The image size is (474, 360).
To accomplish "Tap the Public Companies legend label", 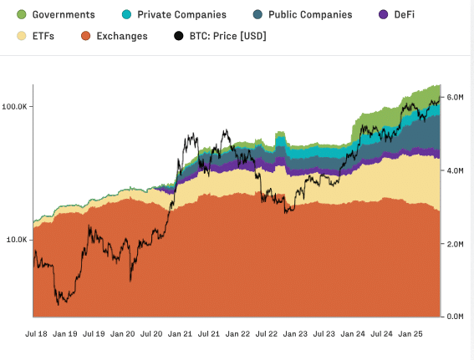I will coord(309,15).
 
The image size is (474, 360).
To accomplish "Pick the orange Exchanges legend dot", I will coord(84,36).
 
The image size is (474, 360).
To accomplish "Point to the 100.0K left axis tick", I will coord(15,107).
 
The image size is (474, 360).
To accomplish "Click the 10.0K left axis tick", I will coord(17,240).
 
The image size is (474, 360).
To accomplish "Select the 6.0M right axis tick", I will coord(456,98).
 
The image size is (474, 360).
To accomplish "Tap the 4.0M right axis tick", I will coord(456,170).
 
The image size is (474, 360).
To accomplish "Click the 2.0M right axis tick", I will coord(456,244).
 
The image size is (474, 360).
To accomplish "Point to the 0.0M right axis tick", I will coord(456,317).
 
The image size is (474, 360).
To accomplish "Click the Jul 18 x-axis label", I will coord(35,333).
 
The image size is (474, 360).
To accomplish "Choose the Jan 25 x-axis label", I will coord(410,333).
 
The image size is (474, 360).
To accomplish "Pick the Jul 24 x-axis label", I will coord(382,333).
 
